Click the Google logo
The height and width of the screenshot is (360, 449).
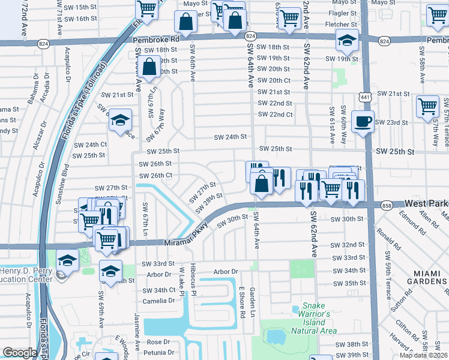20,353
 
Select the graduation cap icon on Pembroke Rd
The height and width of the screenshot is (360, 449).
347,41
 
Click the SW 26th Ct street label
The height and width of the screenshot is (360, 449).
155,176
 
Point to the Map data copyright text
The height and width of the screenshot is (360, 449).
423,355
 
